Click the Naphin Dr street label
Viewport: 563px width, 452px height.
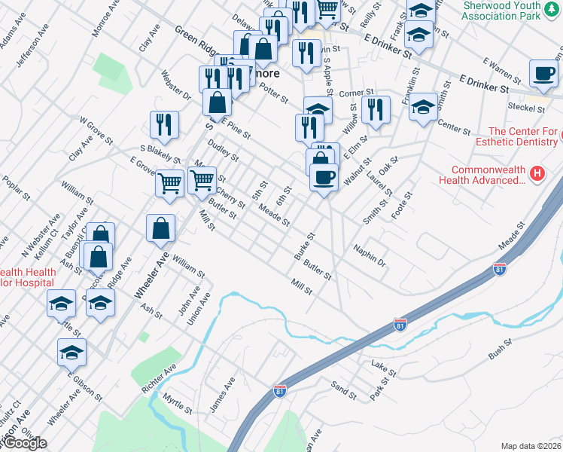click(370, 256)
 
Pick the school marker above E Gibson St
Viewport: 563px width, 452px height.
click(72, 352)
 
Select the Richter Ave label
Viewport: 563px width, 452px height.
click(158, 379)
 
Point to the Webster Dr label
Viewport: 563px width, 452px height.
click(176, 85)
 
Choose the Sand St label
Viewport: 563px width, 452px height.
click(343, 389)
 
